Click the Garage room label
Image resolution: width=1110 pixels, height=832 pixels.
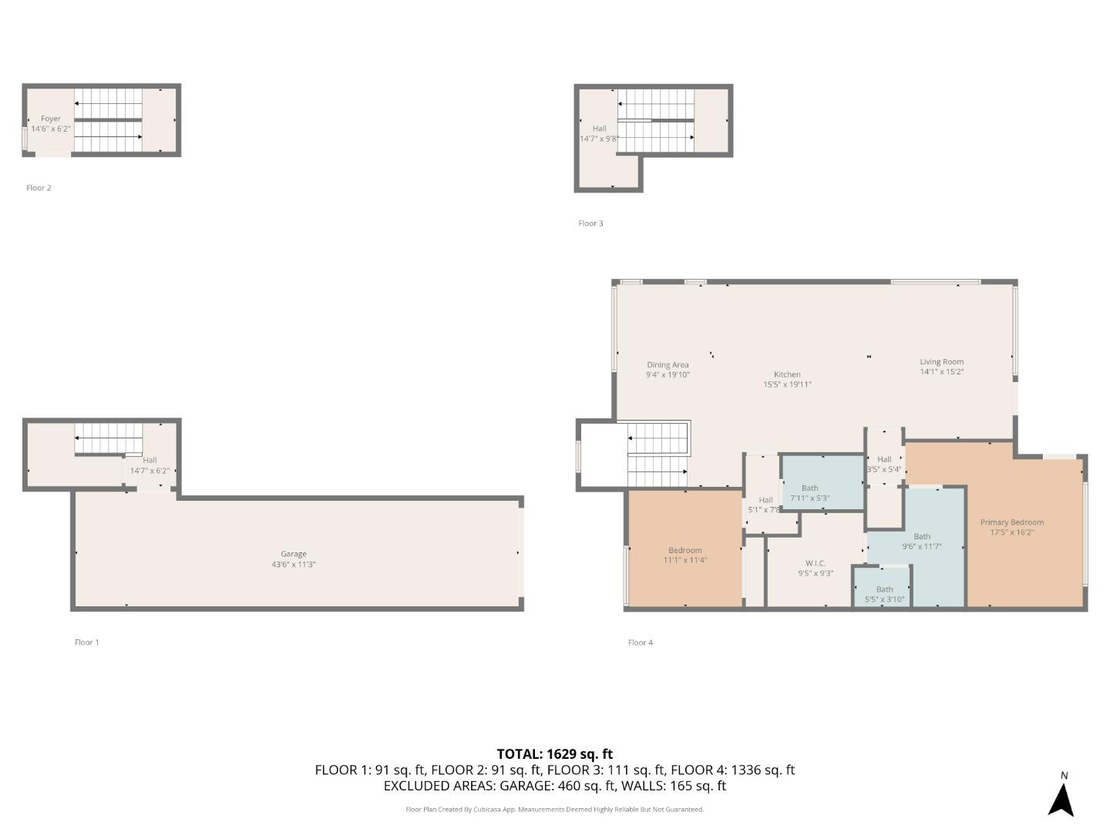(x=293, y=559)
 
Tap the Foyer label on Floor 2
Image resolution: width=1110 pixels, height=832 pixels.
(x=51, y=123)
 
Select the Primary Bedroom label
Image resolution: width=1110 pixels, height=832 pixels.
(x=1011, y=527)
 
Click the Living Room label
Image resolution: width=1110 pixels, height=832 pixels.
(x=941, y=366)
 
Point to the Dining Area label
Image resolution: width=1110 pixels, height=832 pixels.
(x=668, y=369)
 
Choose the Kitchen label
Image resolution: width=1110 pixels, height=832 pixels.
(x=787, y=379)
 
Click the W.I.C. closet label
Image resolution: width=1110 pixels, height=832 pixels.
(x=815, y=568)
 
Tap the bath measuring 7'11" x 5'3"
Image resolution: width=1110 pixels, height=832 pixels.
(x=809, y=492)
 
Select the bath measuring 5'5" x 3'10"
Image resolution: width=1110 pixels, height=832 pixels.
(x=884, y=594)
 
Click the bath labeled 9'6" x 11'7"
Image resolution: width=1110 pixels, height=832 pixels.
(x=922, y=541)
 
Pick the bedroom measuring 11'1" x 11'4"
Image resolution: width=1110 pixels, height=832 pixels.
(x=684, y=555)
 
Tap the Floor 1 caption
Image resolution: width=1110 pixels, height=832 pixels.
(x=86, y=642)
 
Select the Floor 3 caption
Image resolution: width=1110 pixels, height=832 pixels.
(x=590, y=223)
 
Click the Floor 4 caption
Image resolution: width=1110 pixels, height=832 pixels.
(x=640, y=642)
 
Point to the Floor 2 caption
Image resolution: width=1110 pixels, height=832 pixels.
(x=39, y=187)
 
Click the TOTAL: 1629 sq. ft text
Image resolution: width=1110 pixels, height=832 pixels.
(x=554, y=753)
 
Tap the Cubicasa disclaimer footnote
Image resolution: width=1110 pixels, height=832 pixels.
(x=554, y=809)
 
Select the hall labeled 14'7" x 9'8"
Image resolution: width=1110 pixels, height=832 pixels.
(x=599, y=133)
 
